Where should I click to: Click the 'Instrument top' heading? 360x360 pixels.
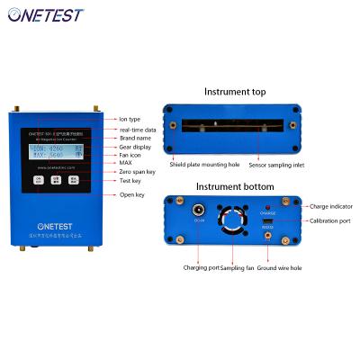(234, 92)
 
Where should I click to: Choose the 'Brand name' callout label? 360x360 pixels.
(134, 138)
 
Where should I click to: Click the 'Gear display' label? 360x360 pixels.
(136, 147)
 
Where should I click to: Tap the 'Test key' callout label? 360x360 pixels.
(131, 181)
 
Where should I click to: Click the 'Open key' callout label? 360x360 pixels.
(132, 194)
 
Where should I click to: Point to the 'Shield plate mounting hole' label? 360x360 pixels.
(198, 164)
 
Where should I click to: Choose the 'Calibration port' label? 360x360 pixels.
(328, 220)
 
